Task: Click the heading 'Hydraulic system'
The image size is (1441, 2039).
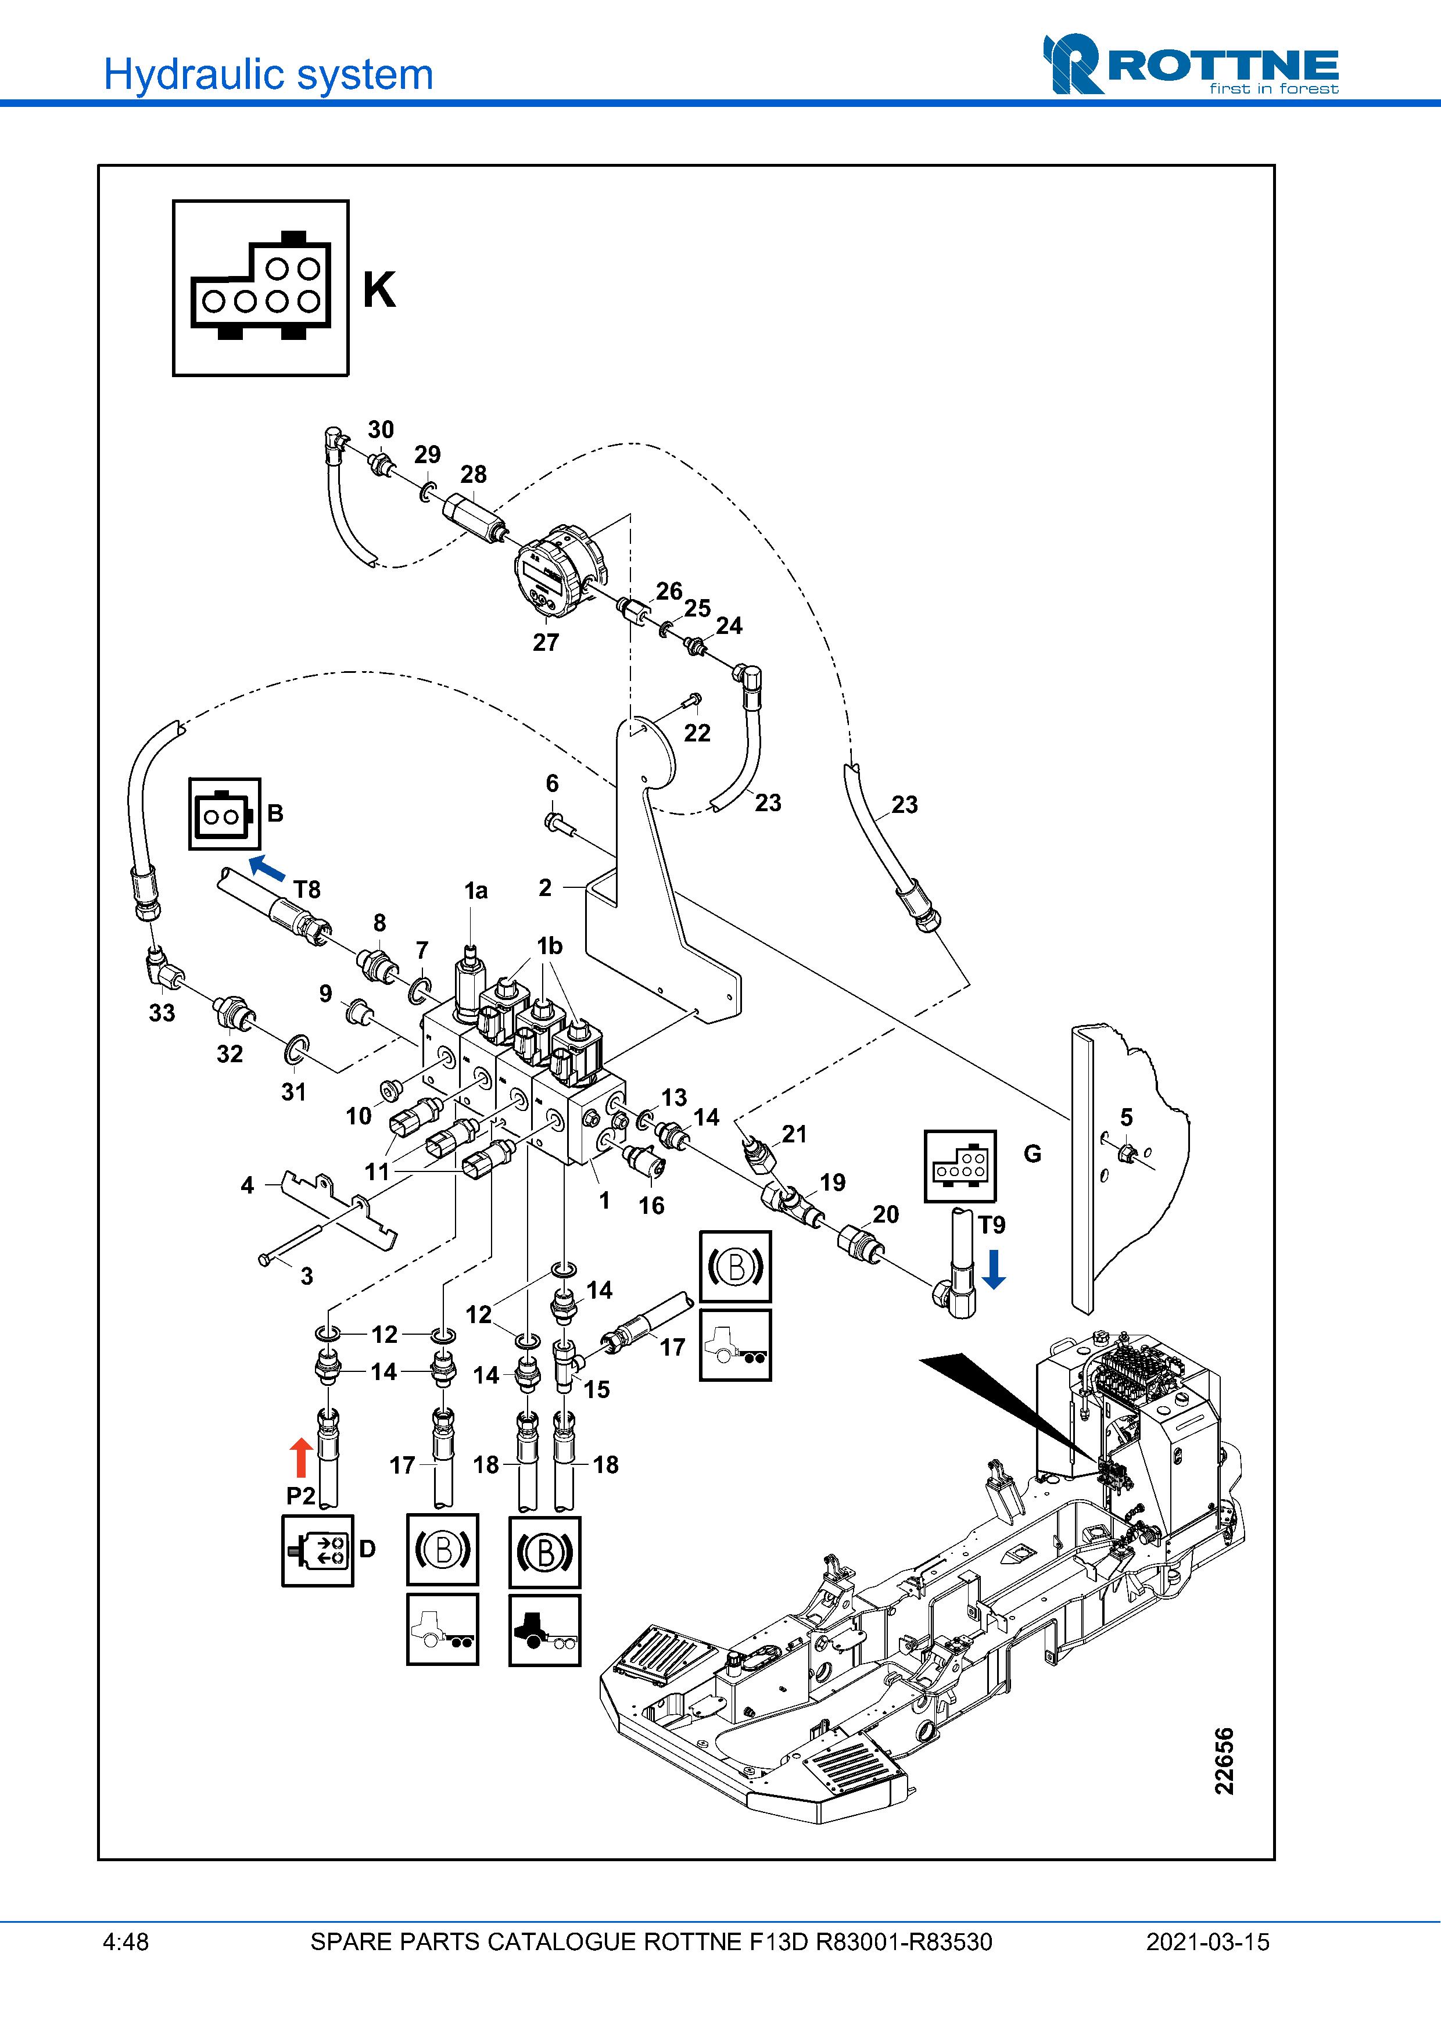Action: (268, 74)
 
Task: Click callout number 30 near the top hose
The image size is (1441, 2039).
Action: (381, 430)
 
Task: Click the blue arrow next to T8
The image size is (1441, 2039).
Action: (266, 866)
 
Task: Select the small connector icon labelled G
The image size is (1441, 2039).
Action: (960, 1166)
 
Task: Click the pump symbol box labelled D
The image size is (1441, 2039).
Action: (318, 1550)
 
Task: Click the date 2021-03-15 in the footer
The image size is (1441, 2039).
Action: (1207, 1942)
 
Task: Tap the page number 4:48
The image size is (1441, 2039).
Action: (126, 1942)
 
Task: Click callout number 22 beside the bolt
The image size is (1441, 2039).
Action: (697, 733)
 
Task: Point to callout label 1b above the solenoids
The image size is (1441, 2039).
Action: (550, 946)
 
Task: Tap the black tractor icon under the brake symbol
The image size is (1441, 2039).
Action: (544, 1629)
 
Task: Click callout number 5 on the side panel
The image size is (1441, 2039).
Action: (1127, 1117)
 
